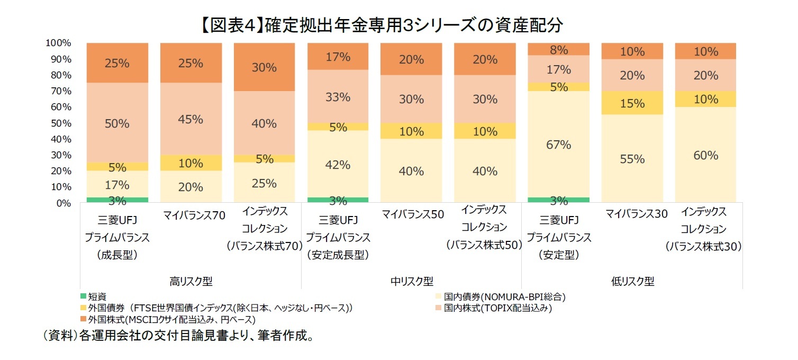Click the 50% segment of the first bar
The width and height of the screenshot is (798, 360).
[x=117, y=123]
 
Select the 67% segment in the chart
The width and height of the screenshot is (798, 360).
[x=558, y=145]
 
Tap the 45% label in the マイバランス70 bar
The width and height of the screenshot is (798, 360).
[x=191, y=120]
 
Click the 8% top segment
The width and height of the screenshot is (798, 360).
[x=558, y=50]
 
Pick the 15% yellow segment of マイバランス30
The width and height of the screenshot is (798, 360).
[x=632, y=103]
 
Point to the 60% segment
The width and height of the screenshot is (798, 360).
[x=705, y=155]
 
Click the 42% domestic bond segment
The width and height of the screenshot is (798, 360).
[x=338, y=165]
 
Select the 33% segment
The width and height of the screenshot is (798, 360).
[x=338, y=97]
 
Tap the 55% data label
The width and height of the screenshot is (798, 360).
[x=632, y=159]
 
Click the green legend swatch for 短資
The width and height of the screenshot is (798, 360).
[x=83, y=296]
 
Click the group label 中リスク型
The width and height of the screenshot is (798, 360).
[x=411, y=281]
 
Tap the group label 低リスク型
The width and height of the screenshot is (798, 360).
[x=632, y=281]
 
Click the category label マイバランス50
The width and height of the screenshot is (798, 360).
[x=411, y=214]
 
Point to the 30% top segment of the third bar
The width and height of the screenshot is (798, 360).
[x=264, y=67]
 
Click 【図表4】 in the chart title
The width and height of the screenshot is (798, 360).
[x=231, y=24]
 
